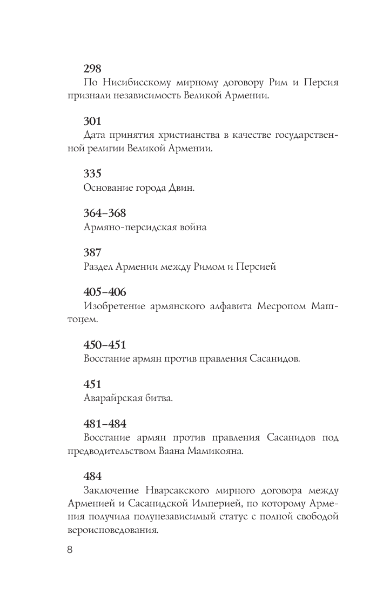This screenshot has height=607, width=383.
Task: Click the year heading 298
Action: (x=93, y=69)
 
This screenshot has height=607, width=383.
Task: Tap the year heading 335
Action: (x=93, y=174)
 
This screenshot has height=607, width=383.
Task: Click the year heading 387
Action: (x=93, y=252)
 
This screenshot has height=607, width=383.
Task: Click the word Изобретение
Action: (x=115, y=306)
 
